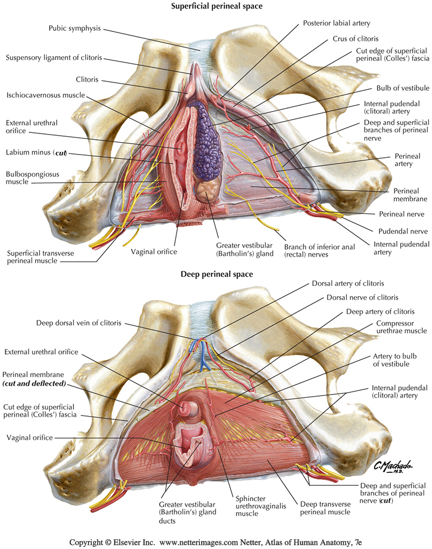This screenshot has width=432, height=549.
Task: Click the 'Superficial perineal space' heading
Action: (216, 6)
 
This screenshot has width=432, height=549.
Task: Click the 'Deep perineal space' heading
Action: (216, 274)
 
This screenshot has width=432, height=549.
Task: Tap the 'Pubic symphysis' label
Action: (75, 28)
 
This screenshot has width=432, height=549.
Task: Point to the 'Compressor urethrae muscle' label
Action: (394, 327)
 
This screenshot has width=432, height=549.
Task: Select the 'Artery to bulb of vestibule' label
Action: (396, 361)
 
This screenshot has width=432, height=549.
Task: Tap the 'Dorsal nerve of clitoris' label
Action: (362, 297)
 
